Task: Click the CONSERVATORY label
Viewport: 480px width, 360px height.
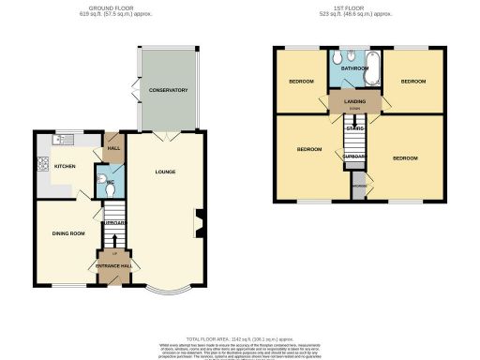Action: tap(169, 90)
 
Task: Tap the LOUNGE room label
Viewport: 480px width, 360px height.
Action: tap(166, 172)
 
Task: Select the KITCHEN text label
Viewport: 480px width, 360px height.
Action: tap(64, 166)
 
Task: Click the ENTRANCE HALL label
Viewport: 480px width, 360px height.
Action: tap(115, 266)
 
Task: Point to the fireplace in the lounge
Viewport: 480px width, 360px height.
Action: tap(199, 223)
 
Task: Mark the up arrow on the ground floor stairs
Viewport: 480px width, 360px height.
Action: tap(115, 253)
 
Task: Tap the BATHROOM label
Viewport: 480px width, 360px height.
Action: tap(353, 68)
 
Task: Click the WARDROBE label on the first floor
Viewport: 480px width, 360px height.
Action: tap(359, 186)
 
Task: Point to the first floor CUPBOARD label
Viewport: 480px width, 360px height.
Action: tap(353, 157)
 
